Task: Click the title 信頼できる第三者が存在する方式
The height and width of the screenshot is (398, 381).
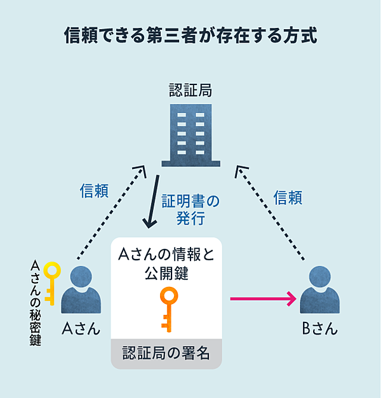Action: (190, 34)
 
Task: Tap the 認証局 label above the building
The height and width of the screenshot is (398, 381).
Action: (190, 90)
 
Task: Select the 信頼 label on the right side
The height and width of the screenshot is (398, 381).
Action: (287, 197)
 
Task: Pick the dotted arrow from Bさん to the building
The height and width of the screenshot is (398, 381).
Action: (271, 212)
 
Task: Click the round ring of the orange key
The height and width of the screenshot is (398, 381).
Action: (168, 296)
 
